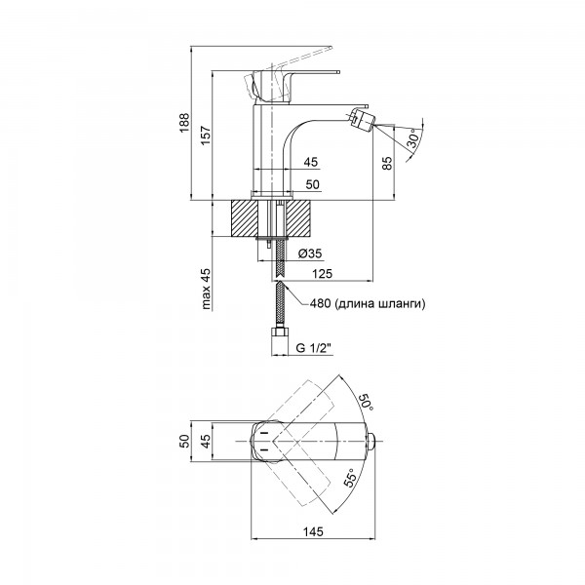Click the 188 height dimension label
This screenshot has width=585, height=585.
[x=184, y=123]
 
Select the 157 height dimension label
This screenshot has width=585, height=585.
[x=206, y=136]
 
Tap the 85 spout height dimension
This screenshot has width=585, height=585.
[x=388, y=163]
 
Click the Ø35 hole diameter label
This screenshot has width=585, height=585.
[x=310, y=253]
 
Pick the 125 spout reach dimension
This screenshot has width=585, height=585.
[x=322, y=273]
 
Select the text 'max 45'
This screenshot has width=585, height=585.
[x=206, y=289]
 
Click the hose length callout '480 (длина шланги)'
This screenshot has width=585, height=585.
[x=368, y=303]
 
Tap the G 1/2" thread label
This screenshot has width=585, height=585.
[x=314, y=348]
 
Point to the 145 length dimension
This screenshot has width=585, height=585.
[x=313, y=531]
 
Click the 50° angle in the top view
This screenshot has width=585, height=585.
[x=366, y=402]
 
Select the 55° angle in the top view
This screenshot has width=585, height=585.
[x=351, y=479]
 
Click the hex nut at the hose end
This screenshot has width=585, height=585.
[x=280, y=332]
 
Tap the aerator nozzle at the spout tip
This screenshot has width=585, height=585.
[x=362, y=118]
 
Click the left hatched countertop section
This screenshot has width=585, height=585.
[x=245, y=218]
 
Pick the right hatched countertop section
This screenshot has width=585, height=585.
[x=298, y=218]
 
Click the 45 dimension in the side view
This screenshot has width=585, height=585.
[x=310, y=162]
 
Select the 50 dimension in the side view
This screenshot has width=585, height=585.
[x=313, y=184]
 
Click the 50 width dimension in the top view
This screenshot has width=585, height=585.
[x=185, y=441]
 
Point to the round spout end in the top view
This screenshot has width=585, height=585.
[x=371, y=442]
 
